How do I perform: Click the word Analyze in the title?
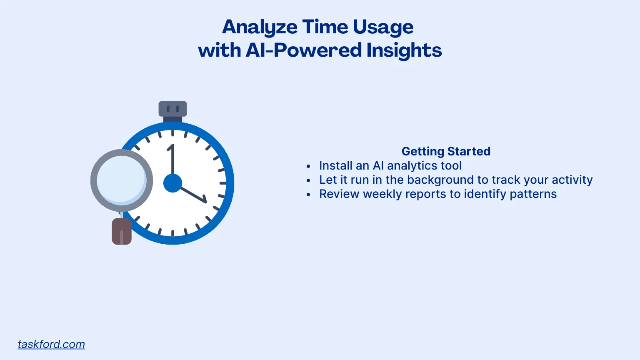tap(260, 27)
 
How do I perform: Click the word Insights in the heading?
tap(404, 50)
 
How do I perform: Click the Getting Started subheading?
tap(446, 151)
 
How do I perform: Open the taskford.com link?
tap(51, 344)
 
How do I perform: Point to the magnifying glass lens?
tap(121, 180)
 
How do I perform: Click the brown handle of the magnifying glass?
tap(122, 232)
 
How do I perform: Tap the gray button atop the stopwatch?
tap(172, 109)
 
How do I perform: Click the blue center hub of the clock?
tap(172, 183)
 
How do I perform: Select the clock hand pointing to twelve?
tap(171, 160)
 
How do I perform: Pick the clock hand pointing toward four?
tap(193, 195)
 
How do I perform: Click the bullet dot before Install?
tap(308, 166)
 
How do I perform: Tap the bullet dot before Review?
tap(308, 195)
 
